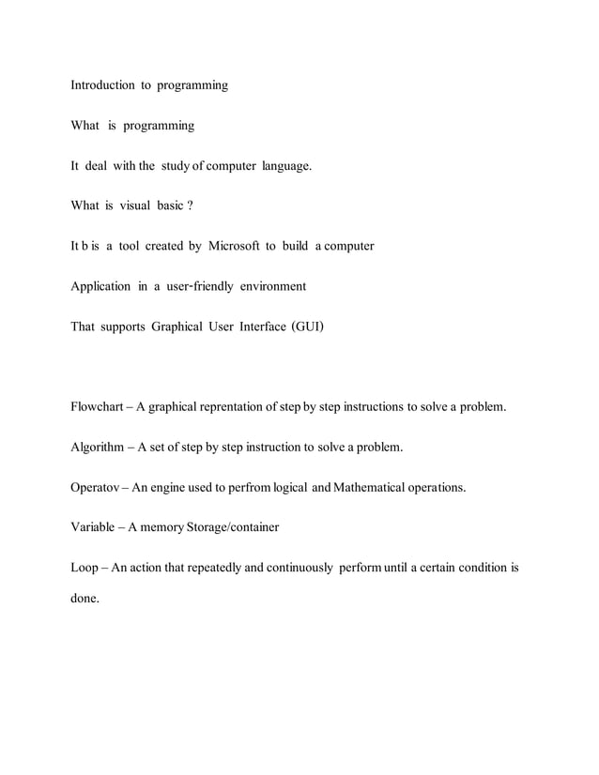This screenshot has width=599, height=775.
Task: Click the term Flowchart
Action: click(98, 407)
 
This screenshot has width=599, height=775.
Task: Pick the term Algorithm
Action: click(98, 448)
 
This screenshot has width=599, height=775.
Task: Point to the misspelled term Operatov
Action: click(97, 488)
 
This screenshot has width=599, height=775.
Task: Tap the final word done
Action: click(84, 599)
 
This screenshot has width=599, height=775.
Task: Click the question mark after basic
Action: click(190, 205)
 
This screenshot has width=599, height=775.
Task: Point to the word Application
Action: click(100, 285)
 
